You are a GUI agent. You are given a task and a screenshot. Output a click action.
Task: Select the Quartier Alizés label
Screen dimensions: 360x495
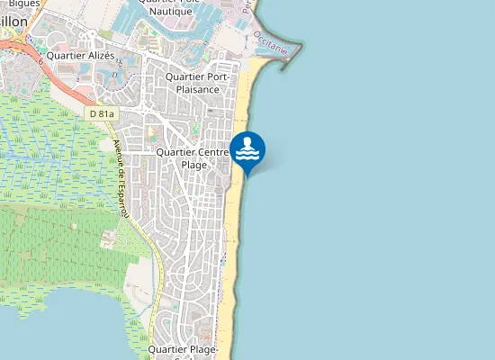point(81,55)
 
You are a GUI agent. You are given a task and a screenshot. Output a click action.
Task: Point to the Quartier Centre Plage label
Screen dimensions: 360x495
point(194,158)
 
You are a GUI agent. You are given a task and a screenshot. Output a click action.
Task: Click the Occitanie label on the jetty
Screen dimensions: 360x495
point(270,40)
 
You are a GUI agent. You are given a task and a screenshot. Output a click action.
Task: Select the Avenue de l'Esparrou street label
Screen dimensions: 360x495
point(121,180)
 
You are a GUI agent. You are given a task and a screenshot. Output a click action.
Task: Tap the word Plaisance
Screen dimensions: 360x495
point(198,89)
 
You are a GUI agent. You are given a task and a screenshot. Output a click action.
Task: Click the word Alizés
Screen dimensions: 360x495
point(100,55)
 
